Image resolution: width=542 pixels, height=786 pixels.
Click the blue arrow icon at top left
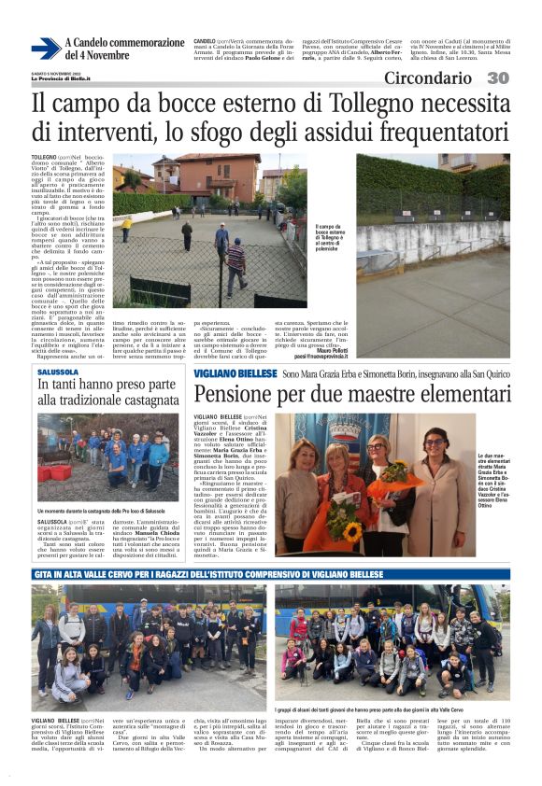coord(46,49)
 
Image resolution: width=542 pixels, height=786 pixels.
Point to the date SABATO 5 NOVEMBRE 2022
coord(62,73)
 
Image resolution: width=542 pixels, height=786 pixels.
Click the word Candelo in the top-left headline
coord(98,43)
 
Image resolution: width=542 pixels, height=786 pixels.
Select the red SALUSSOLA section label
coord(58,371)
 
